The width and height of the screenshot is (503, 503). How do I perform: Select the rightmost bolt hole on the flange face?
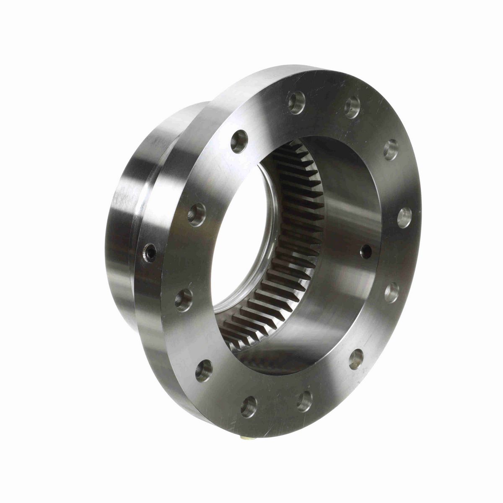tap(404, 218)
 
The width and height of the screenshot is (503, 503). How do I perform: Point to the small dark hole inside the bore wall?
tap(366, 251)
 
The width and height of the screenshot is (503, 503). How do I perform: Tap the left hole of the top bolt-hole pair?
tap(297, 102)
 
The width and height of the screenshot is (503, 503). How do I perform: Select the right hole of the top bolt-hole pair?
tap(353, 106)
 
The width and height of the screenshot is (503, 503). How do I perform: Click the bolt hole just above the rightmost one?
tap(391, 149)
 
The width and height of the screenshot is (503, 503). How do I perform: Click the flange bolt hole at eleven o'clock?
tap(240, 141)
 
